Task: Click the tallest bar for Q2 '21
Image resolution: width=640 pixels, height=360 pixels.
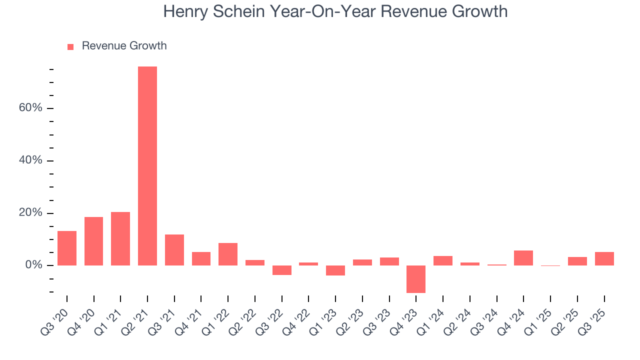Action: pyautogui.click(x=147, y=165)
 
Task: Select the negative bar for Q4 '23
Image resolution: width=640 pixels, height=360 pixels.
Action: pyautogui.click(x=416, y=279)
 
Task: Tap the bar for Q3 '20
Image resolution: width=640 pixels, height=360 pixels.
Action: pyautogui.click(x=67, y=248)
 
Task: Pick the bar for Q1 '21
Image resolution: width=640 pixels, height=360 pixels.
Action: pyautogui.click(x=120, y=238)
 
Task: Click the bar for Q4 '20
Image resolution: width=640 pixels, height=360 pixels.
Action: pyautogui.click(x=94, y=241)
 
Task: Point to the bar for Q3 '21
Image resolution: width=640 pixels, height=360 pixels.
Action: pyautogui.click(x=174, y=249)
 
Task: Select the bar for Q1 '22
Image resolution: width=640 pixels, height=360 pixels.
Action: pyautogui.click(x=228, y=254)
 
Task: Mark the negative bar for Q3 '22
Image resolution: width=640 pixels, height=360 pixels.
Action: pyautogui.click(x=281, y=270)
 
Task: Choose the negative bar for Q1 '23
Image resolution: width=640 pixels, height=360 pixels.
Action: pyautogui.click(x=335, y=270)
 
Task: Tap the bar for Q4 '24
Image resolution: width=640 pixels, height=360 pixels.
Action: pyautogui.click(x=523, y=257)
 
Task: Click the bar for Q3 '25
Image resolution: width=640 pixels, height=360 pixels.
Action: pyautogui.click(x=604, y=258)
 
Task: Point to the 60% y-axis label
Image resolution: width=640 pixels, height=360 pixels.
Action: pyautogui.click(x=30, y=108)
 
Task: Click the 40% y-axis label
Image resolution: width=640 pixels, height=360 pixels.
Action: pyautogui.click(x=30, y=161)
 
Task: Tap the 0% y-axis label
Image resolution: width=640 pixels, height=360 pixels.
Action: pyautogui.click(x=33, y=265)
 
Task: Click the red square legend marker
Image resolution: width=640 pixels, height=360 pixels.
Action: pyautogui.click(x=70, y=46)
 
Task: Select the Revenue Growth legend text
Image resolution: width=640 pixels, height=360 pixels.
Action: pyautogui.click(x=124, y=46)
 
